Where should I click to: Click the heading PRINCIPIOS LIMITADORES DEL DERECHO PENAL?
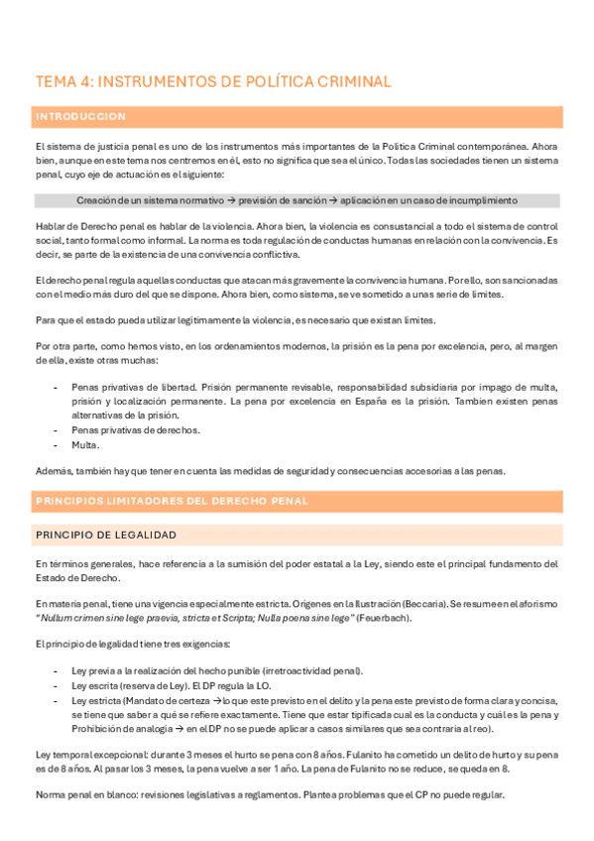point(173,501)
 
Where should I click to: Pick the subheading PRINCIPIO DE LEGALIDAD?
point(106,536)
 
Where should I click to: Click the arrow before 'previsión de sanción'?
point(229,200)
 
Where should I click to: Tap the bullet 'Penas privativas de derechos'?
point(136,430)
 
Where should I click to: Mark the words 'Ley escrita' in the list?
point(96,685)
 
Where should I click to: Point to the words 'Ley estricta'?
point(98,700)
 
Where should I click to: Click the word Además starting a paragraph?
point(53,470)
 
